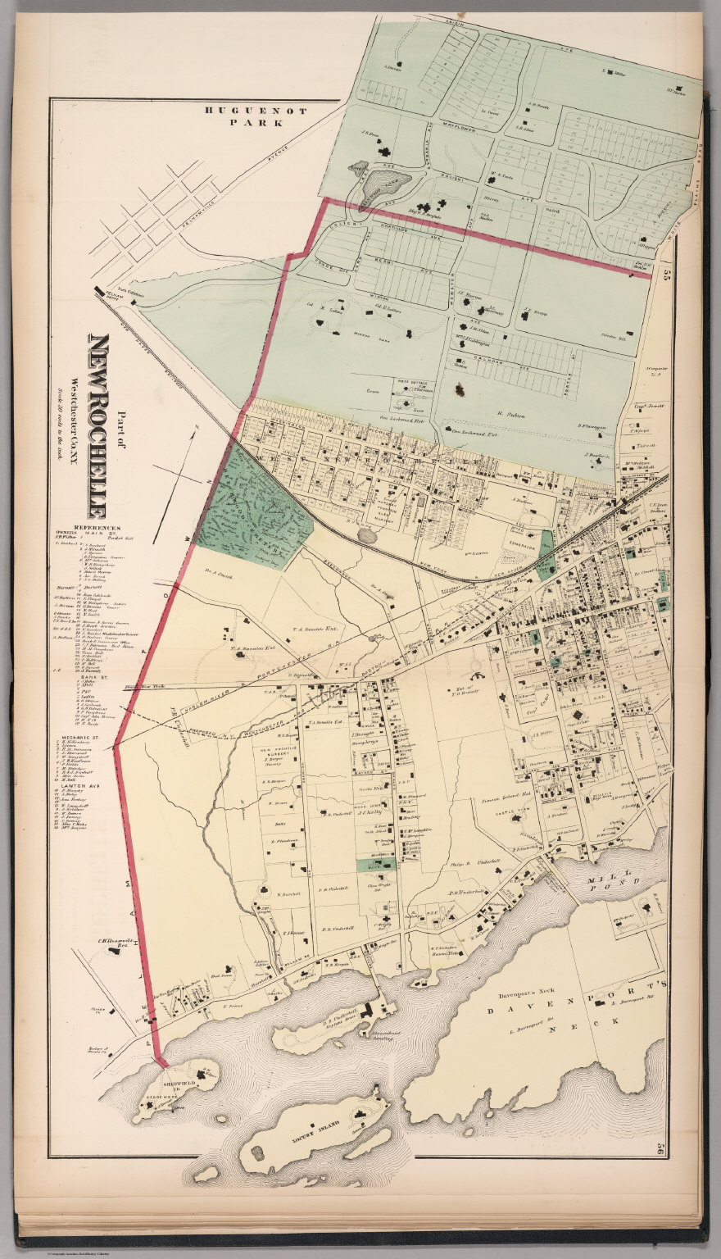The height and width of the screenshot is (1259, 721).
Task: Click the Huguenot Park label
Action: [244, 116]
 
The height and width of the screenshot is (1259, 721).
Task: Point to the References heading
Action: [97, 527]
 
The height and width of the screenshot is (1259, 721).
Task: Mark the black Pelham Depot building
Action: [99, 291]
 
